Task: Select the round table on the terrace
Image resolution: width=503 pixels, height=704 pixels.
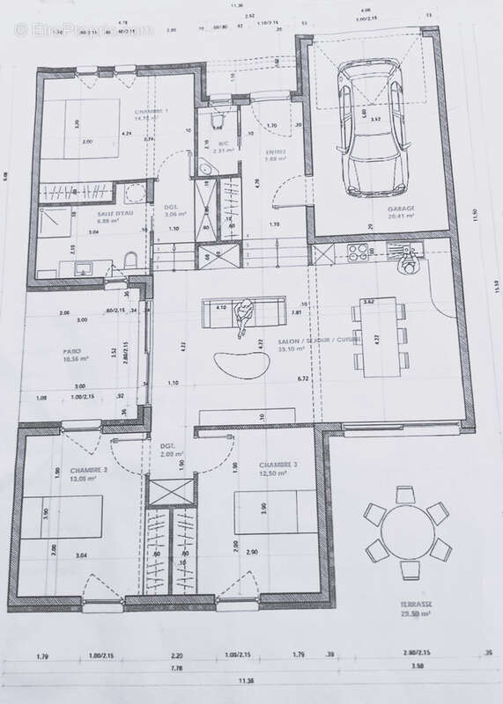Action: [x=408, y=532]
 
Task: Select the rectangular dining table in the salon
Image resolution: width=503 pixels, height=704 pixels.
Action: [x=381, y=337]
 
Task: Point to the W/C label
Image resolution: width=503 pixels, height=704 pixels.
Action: [x=223, y=143]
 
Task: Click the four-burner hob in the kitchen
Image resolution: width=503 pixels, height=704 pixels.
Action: [x=359, y=253]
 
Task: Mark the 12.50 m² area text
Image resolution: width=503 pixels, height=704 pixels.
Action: [x=275, y=473]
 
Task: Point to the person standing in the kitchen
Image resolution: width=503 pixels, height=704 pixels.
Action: [x=409, y=258]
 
